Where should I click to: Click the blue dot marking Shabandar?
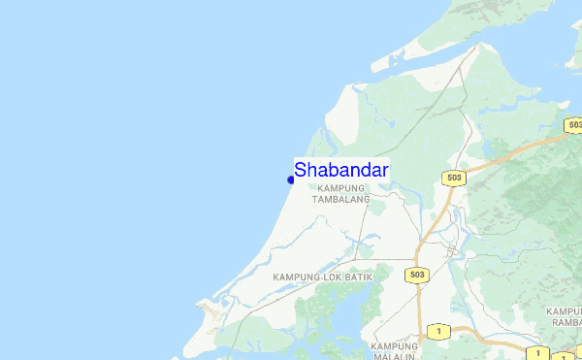pyautogui.click(x=291, y=180)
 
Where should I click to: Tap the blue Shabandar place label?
pyautogui.click(x=341, y=170)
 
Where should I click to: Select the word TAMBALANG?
pyautogui.click(x=340, y=199)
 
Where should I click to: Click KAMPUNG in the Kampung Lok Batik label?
pyautogui.click(x=297, y=278)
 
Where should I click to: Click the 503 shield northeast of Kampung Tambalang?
pyautogui.click(x=454, y=178)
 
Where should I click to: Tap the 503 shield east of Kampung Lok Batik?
pyautogui.click(x=417, y=276)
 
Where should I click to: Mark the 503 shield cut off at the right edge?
pyautogui.click(x=574, y=125)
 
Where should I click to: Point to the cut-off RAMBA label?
pyautogui.click(x=566, y=322)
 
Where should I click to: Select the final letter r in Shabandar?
pyautogui.click(x=384, y=170)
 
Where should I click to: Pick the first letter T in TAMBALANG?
pyautogui.click(x=314, y=199)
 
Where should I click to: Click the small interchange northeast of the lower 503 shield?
pyautogui.click(x=450, y=250)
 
